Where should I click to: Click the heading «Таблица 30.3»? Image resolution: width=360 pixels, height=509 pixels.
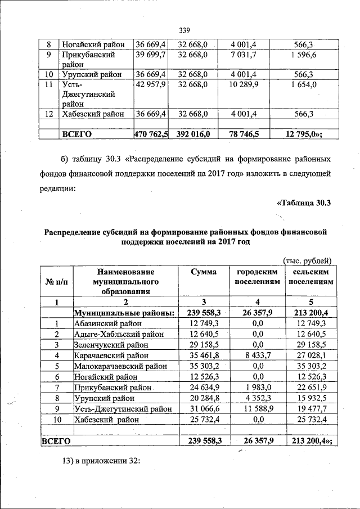[303, 203]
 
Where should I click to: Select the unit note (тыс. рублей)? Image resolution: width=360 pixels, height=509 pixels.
[308, 260]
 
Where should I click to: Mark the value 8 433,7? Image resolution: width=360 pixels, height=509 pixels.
[257, 355]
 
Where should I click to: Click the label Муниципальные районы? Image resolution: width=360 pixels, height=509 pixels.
[124, 313]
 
